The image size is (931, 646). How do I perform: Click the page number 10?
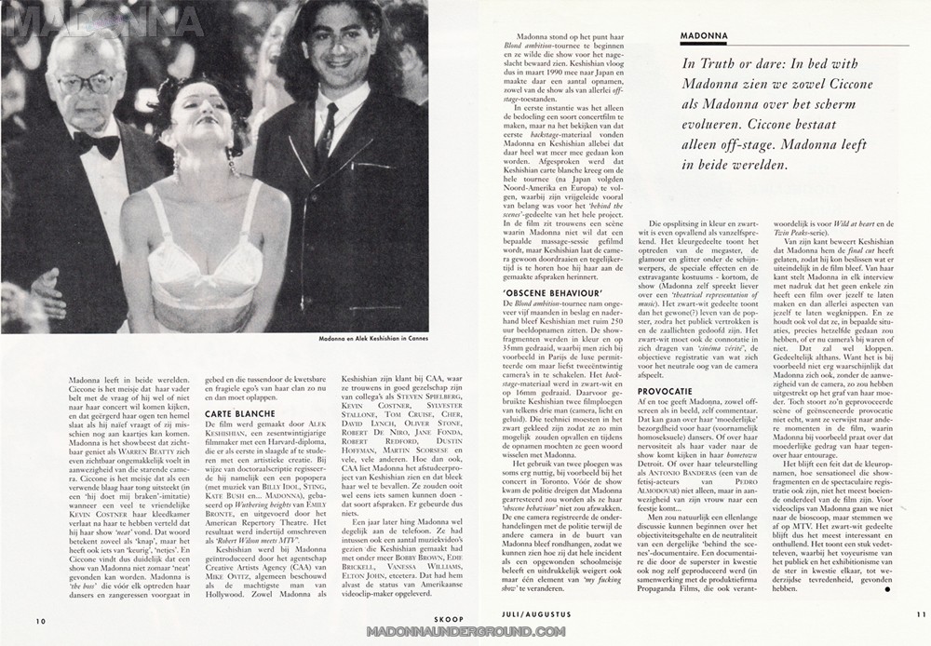[x=41, y=622]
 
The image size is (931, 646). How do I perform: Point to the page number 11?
[x=921, y=614]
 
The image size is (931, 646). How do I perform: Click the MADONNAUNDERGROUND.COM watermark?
[x=465, y=631]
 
